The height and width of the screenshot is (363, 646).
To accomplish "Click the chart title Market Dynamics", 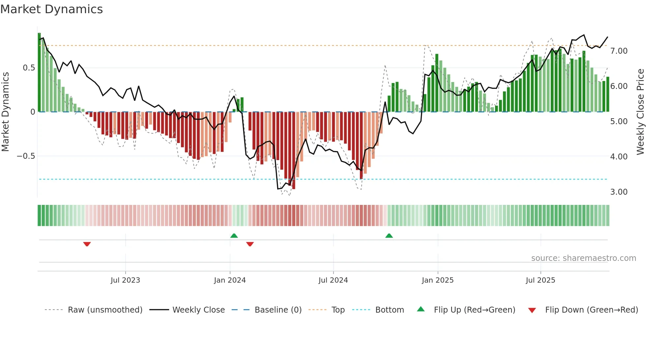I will (52, 9).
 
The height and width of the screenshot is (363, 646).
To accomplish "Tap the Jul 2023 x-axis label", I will (125, 280).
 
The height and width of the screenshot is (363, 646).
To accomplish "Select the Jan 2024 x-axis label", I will (230, 280).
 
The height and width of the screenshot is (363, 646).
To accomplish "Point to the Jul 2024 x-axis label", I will (333, 280).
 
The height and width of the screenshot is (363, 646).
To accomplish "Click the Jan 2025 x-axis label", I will (438, 280).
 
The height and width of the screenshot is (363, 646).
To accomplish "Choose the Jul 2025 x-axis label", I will (541, 280).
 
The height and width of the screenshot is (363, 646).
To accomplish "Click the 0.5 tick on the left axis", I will (29, 68).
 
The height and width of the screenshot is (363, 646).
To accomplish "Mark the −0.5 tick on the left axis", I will (26, 156).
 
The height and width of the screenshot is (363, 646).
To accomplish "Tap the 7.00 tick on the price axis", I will (619, 51).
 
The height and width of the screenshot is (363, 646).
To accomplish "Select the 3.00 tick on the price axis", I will (619, 192).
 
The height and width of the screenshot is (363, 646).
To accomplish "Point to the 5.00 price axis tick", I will (619, 122).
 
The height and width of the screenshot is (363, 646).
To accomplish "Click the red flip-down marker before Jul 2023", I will (87, 244).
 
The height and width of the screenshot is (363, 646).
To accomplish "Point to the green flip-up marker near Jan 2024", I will (234, 236).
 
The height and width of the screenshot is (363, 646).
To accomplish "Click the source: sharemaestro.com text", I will (583, 258).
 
